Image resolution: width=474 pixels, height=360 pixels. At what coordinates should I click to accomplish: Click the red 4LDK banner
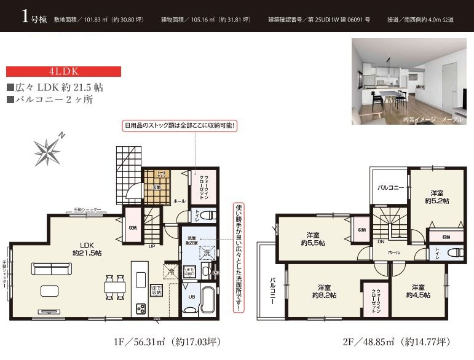(63, 71)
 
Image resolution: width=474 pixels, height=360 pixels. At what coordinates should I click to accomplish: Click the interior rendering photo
(408, 82)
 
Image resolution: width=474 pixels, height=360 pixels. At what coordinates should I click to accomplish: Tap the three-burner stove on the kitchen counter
(140, 308)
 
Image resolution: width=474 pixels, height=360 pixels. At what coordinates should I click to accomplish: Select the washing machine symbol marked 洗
(207, 251)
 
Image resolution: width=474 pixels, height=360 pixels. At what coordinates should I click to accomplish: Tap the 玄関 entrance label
(157, 187)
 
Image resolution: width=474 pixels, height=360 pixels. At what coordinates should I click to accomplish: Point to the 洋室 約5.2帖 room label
(436, 197)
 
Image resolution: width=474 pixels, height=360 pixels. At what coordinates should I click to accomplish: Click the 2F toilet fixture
(455, 252)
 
